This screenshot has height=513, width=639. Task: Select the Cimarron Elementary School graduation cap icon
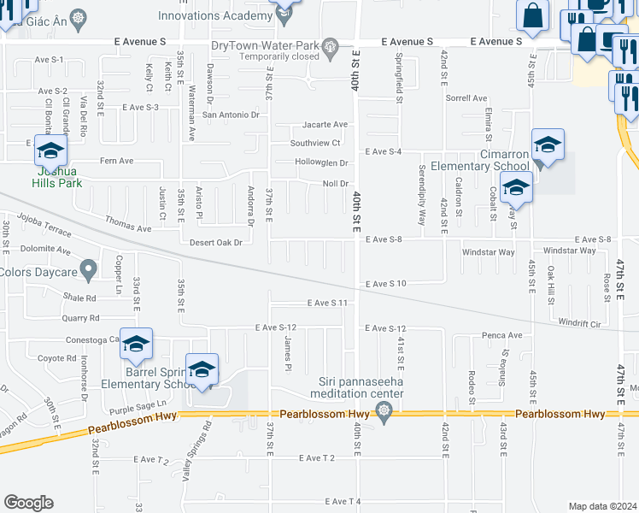tap(548, 144)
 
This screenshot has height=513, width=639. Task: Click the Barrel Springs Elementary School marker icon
tap(202, 369)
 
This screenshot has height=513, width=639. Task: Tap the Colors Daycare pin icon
tap(89, 272)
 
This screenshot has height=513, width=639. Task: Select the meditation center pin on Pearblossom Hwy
tap(384, 414)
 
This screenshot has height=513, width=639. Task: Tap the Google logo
tap(28, 503)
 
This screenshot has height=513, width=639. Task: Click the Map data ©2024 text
tap(601, 506)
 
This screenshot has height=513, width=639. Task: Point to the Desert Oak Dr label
tap(215, 242)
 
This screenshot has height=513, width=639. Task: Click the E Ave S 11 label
tap(329, 303)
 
